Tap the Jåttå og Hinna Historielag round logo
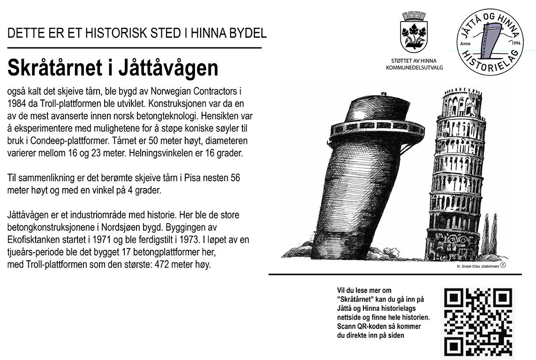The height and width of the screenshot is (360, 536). pyautogui.click(x=490, y=44)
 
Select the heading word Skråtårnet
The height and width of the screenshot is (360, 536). pyautogui.click(x=55, y=68)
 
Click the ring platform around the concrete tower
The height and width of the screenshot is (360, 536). pyautogui.click(x=377, y=128)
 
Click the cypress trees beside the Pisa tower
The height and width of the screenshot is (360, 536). pyautogui.click(x=489, y=234)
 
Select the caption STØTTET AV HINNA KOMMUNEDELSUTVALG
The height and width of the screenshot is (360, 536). pyautogui.click(x=414, y=64)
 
